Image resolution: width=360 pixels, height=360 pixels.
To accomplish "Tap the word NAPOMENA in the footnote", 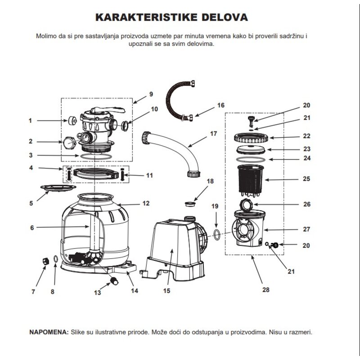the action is pos(49,332).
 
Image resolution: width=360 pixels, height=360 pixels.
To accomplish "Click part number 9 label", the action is pos(151,94).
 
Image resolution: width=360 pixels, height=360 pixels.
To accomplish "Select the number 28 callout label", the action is pos(265,290).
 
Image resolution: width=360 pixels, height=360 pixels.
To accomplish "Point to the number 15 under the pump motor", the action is pos(166,291).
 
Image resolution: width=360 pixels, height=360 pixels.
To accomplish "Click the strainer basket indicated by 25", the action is pos(251,181).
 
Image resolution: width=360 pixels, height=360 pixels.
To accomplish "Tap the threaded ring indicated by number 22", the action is pos(251,138).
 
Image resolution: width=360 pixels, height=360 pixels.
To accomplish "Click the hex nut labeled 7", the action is pos(46,261).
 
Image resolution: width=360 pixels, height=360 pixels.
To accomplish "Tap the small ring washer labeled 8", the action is pos(55,259).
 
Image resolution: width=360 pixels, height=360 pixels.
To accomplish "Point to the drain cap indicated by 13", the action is pos(114,281).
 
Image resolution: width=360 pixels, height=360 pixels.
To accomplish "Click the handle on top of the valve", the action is pos(108,110).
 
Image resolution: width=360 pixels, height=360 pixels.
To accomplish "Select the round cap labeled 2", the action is pos(69,143).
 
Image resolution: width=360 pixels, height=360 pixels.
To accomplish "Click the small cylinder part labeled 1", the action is pos(72,121).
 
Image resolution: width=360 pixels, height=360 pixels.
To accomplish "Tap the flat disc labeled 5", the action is pos(58,188).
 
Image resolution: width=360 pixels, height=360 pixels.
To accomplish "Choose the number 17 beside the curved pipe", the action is pos(213,134).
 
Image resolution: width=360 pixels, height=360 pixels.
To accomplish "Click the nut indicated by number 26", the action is pos(246,205).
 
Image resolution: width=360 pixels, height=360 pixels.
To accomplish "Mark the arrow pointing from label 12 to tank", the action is pos(129,204).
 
